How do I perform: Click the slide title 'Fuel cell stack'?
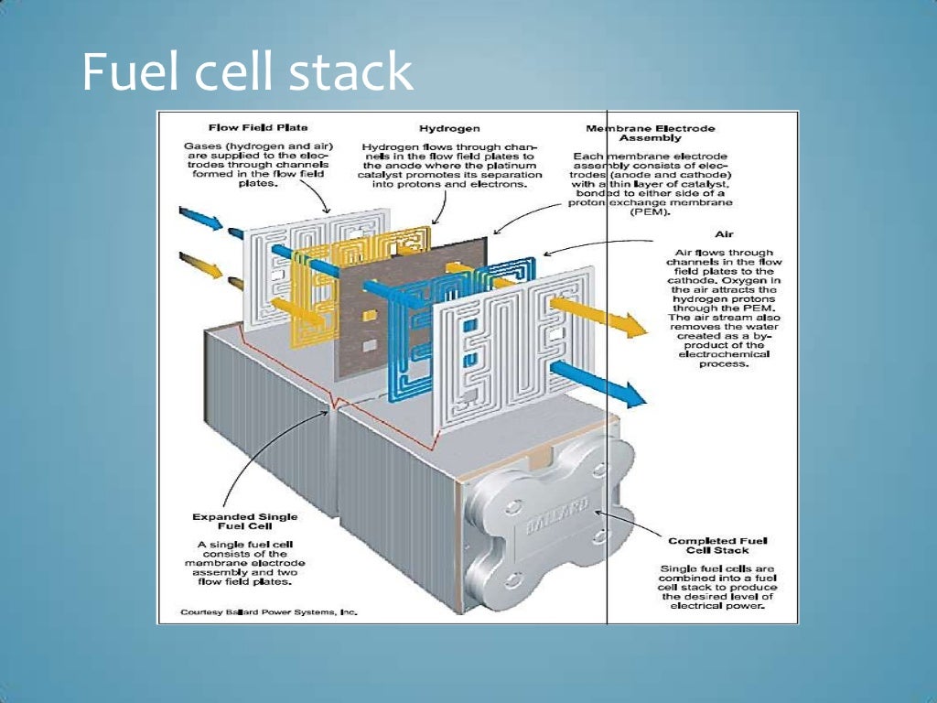coord(247,71)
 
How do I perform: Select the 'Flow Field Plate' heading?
coord(258,128)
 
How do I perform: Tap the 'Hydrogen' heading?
coord(449,129)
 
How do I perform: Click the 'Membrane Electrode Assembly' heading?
coord(650,134)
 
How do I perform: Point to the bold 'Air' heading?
coord(724,233)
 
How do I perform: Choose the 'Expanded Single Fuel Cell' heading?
coord(244,522)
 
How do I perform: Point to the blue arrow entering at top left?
coord(199,220)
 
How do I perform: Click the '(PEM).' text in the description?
coord(650,212)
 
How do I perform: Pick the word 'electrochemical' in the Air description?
coord(723,353)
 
